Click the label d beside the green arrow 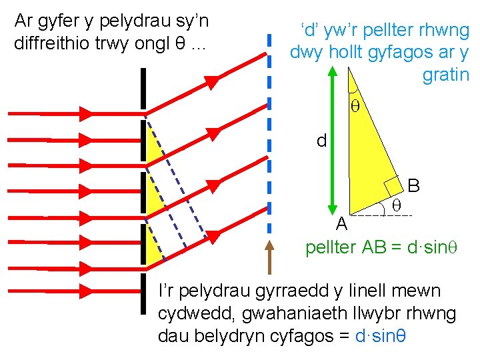[322, 141]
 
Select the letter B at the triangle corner [413, 185]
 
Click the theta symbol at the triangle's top [355, 106]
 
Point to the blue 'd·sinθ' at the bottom [378, 335]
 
